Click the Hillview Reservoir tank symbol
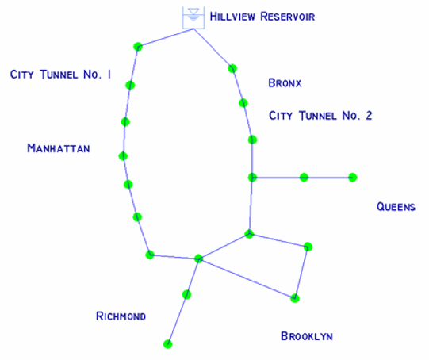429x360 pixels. point(193,17)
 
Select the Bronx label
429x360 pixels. point(285,83)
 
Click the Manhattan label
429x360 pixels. point(59,148)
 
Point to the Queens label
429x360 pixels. point(396,206)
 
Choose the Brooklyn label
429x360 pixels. point(307,336)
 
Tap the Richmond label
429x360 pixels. point(121,316)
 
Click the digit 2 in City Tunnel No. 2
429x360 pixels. point(369,116)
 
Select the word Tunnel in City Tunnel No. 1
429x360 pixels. point(59,75)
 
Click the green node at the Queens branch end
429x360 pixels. point(352,178)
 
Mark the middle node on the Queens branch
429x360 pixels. point(304,178)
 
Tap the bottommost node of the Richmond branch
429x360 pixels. point(168,344)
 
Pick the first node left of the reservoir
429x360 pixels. point(138,47)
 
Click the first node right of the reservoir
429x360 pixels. point(232,68)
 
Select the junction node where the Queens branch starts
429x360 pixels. point(252,178)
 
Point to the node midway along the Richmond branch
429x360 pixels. point(186,295)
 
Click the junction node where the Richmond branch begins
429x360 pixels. point(198,259)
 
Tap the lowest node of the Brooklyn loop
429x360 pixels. point(295,298)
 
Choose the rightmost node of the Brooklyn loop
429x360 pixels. point(308,247)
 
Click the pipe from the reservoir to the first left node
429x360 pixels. point(166,38)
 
